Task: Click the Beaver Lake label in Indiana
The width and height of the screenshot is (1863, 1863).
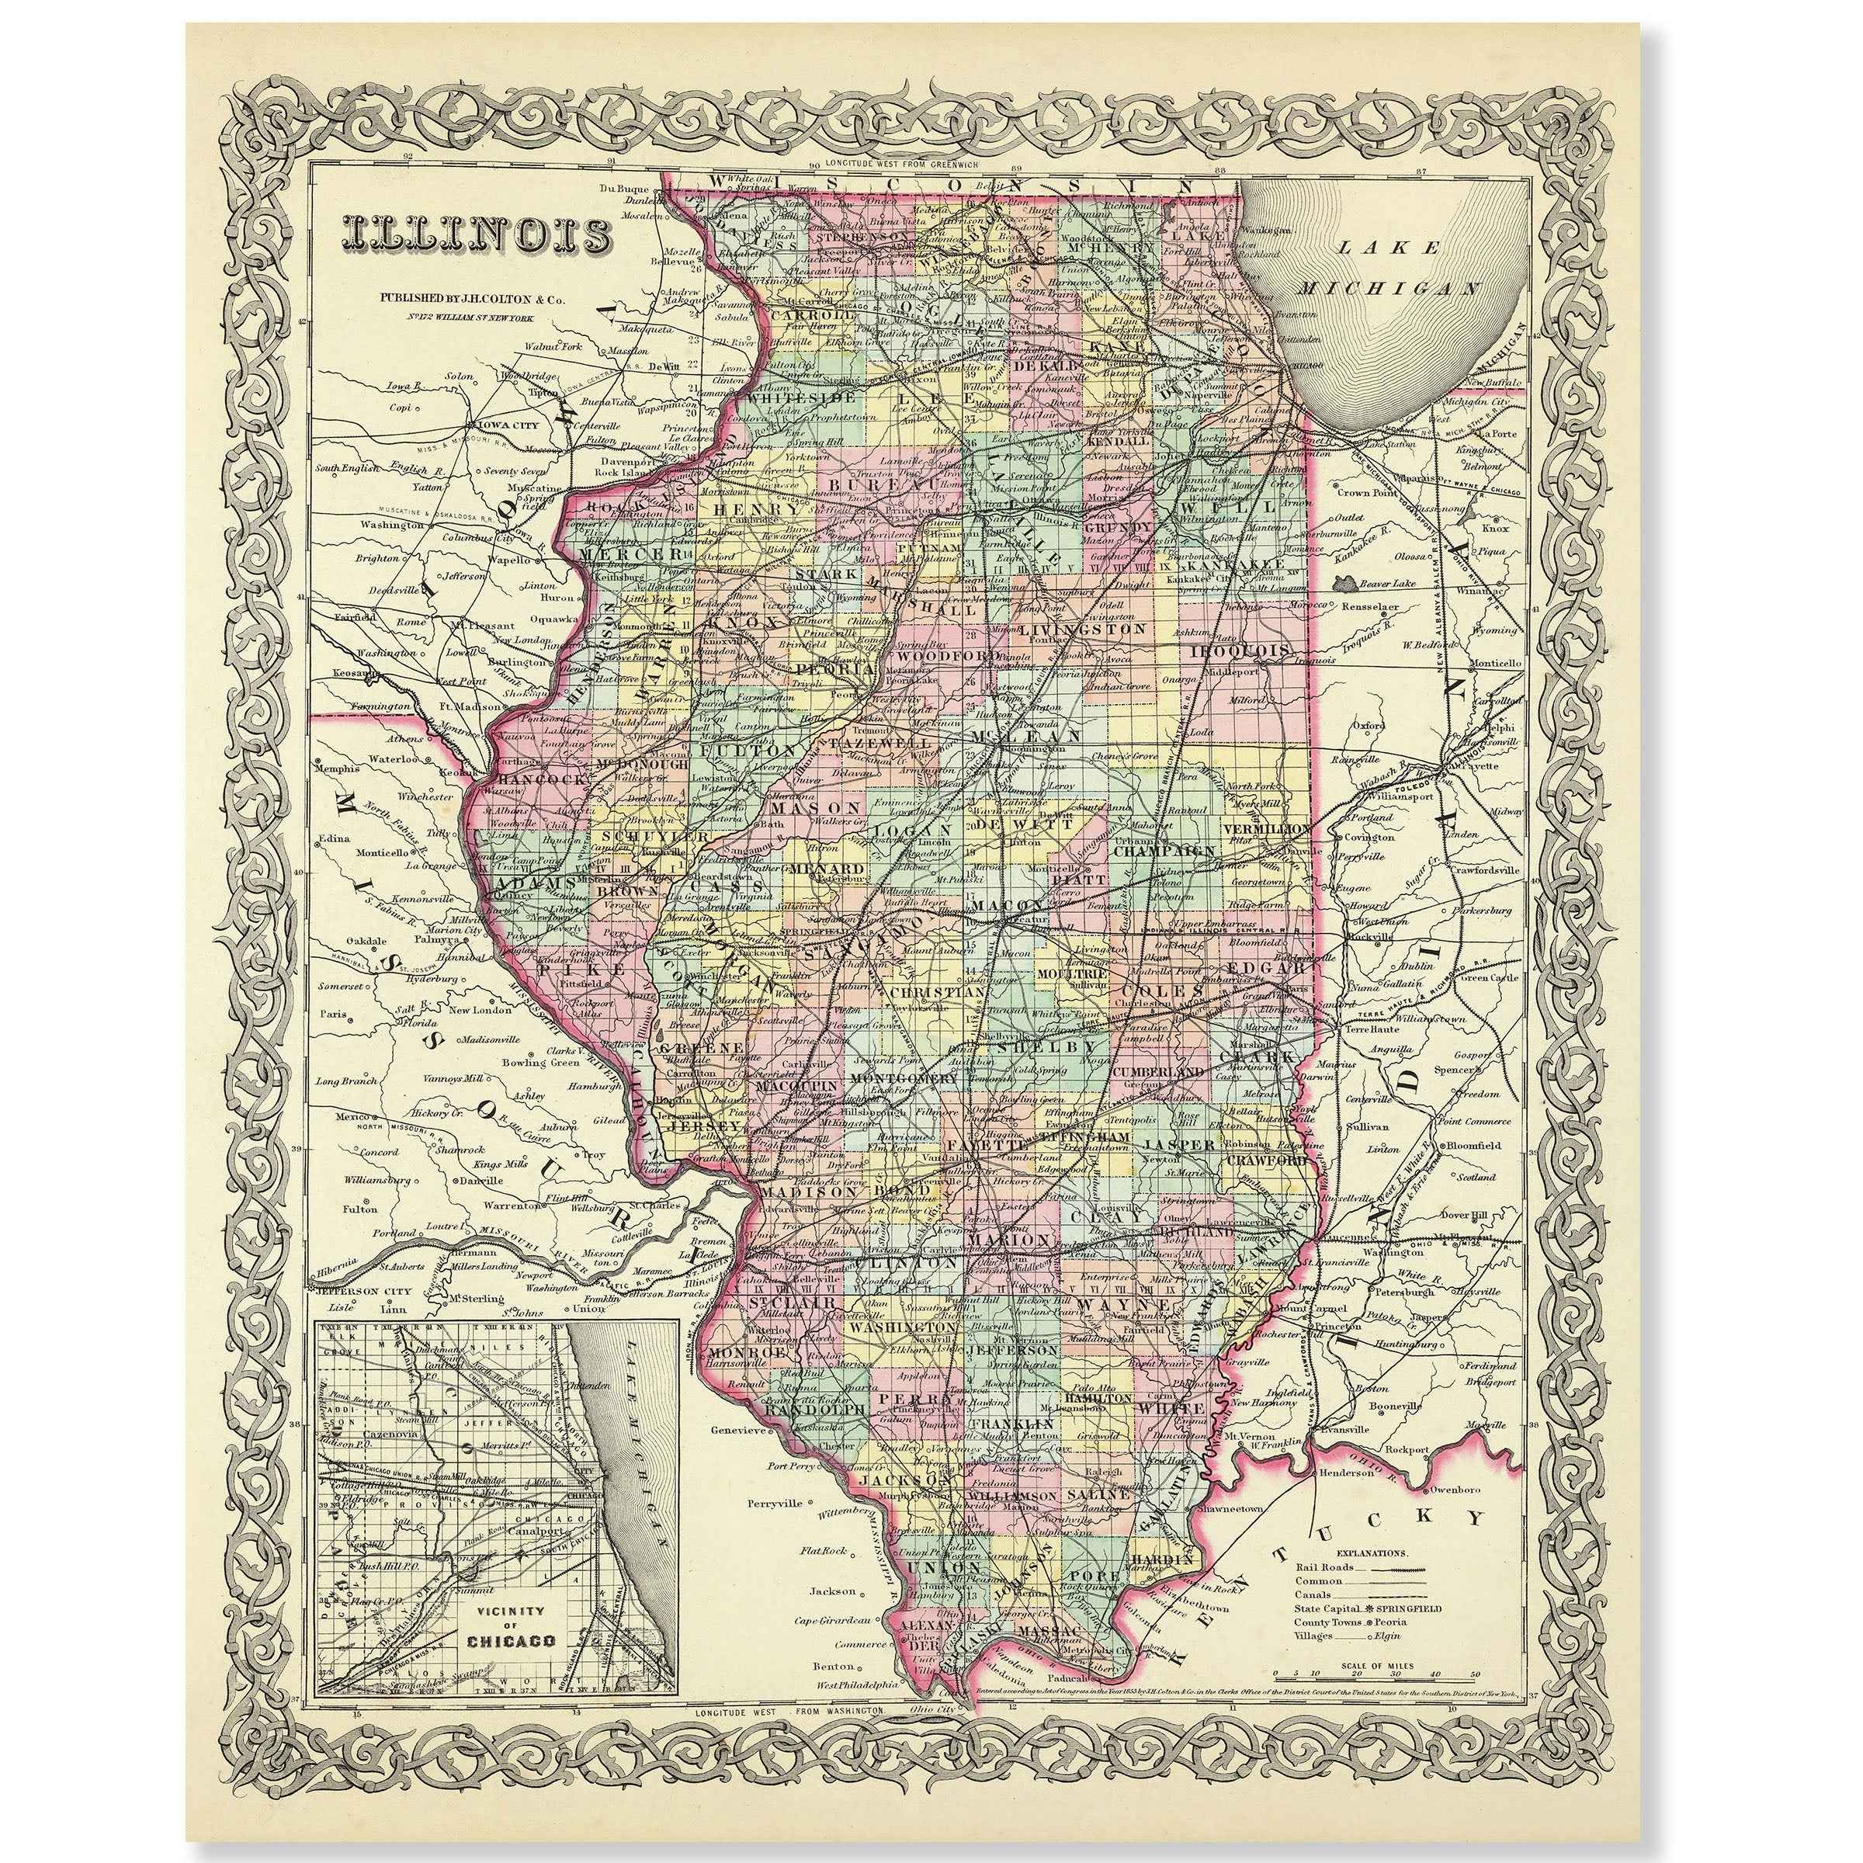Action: click(1386, 584)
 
